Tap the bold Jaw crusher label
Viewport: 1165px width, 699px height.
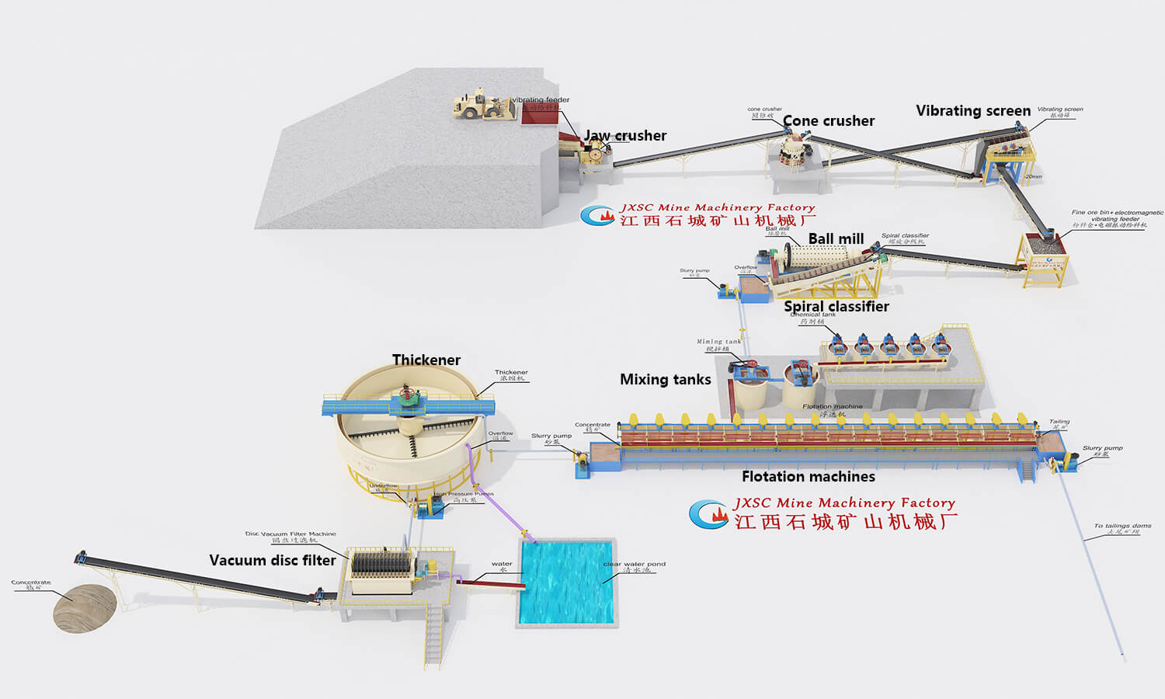pos(625,136)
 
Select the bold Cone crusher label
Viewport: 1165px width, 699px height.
pos(829,121)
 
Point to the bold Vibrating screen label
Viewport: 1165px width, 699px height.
pos(973,111)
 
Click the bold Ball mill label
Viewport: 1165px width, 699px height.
pos(836,239)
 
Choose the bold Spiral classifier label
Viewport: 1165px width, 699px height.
pos(836,307)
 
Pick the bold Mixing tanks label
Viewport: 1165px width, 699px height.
pos(666,380)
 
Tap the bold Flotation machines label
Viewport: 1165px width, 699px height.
pos(808,477)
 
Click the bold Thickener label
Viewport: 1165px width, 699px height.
pos(426,360)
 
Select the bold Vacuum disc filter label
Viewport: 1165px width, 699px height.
pos(273,561)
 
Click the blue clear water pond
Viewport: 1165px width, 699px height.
pos(567,582)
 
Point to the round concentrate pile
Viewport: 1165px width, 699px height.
pos(85,608)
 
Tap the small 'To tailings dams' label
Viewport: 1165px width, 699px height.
pos(1122,527)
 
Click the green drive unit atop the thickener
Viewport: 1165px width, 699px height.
pos(409,397)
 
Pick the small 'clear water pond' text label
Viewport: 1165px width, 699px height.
pos(634,565)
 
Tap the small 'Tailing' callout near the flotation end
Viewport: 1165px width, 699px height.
pos(1059,422)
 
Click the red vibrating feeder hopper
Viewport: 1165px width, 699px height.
pos(538,115)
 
